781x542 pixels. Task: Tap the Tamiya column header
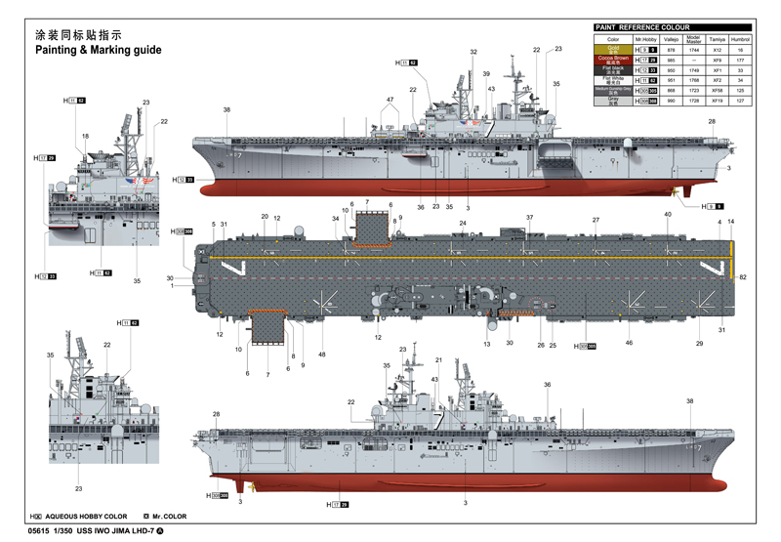(717, 38)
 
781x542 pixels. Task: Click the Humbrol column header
(740, 38)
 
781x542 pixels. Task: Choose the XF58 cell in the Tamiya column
(717, 90)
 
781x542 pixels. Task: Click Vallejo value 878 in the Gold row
(671, 49)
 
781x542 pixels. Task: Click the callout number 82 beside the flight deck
(743, 278)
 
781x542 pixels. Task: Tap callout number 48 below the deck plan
(322, 354)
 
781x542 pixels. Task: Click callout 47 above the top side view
(390, 100)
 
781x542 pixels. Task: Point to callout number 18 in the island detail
(85, 136)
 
